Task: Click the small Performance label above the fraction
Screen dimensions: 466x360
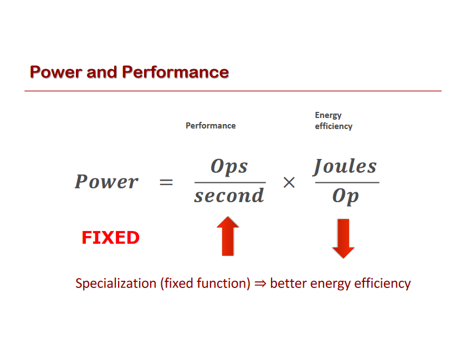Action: click(211, 126)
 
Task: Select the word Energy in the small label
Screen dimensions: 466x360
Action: click(328, 115)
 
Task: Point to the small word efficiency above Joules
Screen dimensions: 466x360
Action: click(334, 126)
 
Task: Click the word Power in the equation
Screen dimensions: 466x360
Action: click(106, 182)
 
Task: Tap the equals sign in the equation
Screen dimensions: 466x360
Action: click(166, 182)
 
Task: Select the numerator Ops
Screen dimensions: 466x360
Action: click(229, 167)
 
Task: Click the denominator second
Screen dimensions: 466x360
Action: click(229, 196)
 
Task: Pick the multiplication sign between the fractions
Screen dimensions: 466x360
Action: click(289, 183)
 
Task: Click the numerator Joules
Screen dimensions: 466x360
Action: click(345, 166)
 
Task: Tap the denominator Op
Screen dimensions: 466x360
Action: click(346, 196)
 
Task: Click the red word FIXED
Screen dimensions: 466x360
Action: click(110, 238)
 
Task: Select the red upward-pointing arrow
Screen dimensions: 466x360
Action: click(228, 236)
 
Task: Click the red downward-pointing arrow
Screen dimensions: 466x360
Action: click(343, 238)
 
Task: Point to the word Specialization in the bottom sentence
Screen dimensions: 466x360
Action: click(116, 284)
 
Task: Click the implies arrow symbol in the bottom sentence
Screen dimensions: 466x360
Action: click(260, 284)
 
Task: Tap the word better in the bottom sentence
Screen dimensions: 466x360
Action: click(288, 284)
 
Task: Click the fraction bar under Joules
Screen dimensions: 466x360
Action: click(347, 182)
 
